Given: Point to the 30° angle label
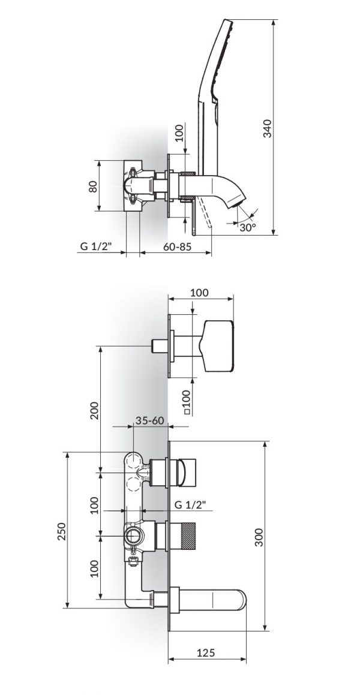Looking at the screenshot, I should coord(246,227).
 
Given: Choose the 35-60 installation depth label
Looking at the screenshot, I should coord(150,420).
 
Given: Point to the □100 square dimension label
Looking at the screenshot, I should coord(186,399).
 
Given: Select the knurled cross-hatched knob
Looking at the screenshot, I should coord(187,534).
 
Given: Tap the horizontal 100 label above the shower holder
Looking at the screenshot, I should coord(199,293).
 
